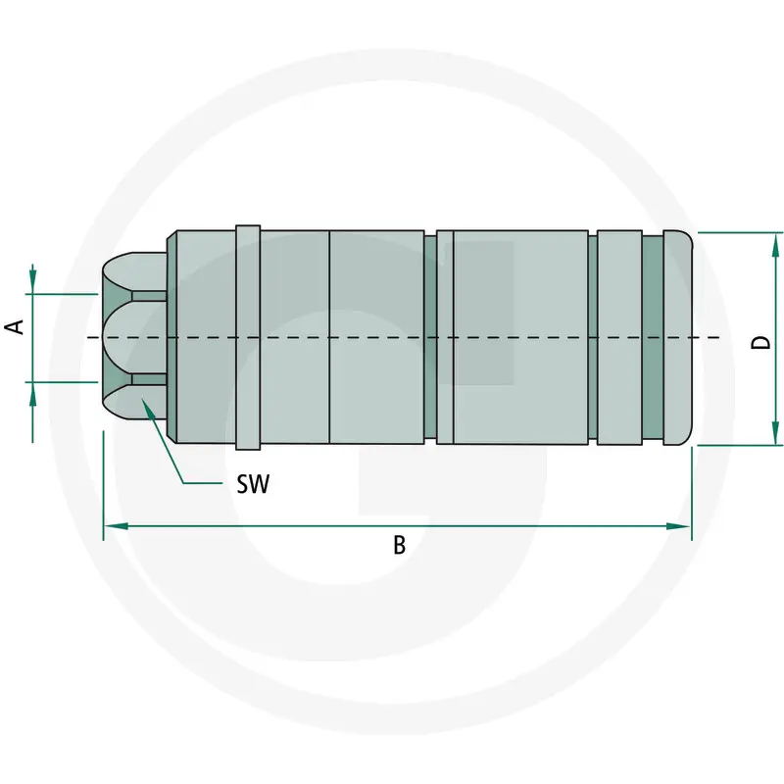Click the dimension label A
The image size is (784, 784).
click(x=15, y=326)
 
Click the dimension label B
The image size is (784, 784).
click(x=399, y=545)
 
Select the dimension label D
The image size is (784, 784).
click(x=761, y=342)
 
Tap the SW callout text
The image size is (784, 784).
click(x=253, y=483)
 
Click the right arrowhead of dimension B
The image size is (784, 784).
click(x=679, y=526)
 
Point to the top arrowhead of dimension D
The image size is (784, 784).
click(x=775, y=246)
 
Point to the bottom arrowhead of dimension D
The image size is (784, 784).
click(x=775, y=431)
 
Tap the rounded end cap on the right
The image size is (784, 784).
click(x=678, y=338)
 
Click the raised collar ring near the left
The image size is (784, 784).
click(x=248, y=338)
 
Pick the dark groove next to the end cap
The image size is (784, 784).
click(x=653, y=338)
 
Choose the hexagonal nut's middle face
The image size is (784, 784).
click(x=134, y=338)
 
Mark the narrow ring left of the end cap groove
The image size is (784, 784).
click(x=619, y=338)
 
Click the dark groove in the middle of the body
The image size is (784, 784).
click(x=430, y=338)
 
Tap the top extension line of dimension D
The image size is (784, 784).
click(x=740, y=232)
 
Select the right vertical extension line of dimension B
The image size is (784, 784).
click(x=692, y=494)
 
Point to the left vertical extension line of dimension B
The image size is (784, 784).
click(x=104, y=485)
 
